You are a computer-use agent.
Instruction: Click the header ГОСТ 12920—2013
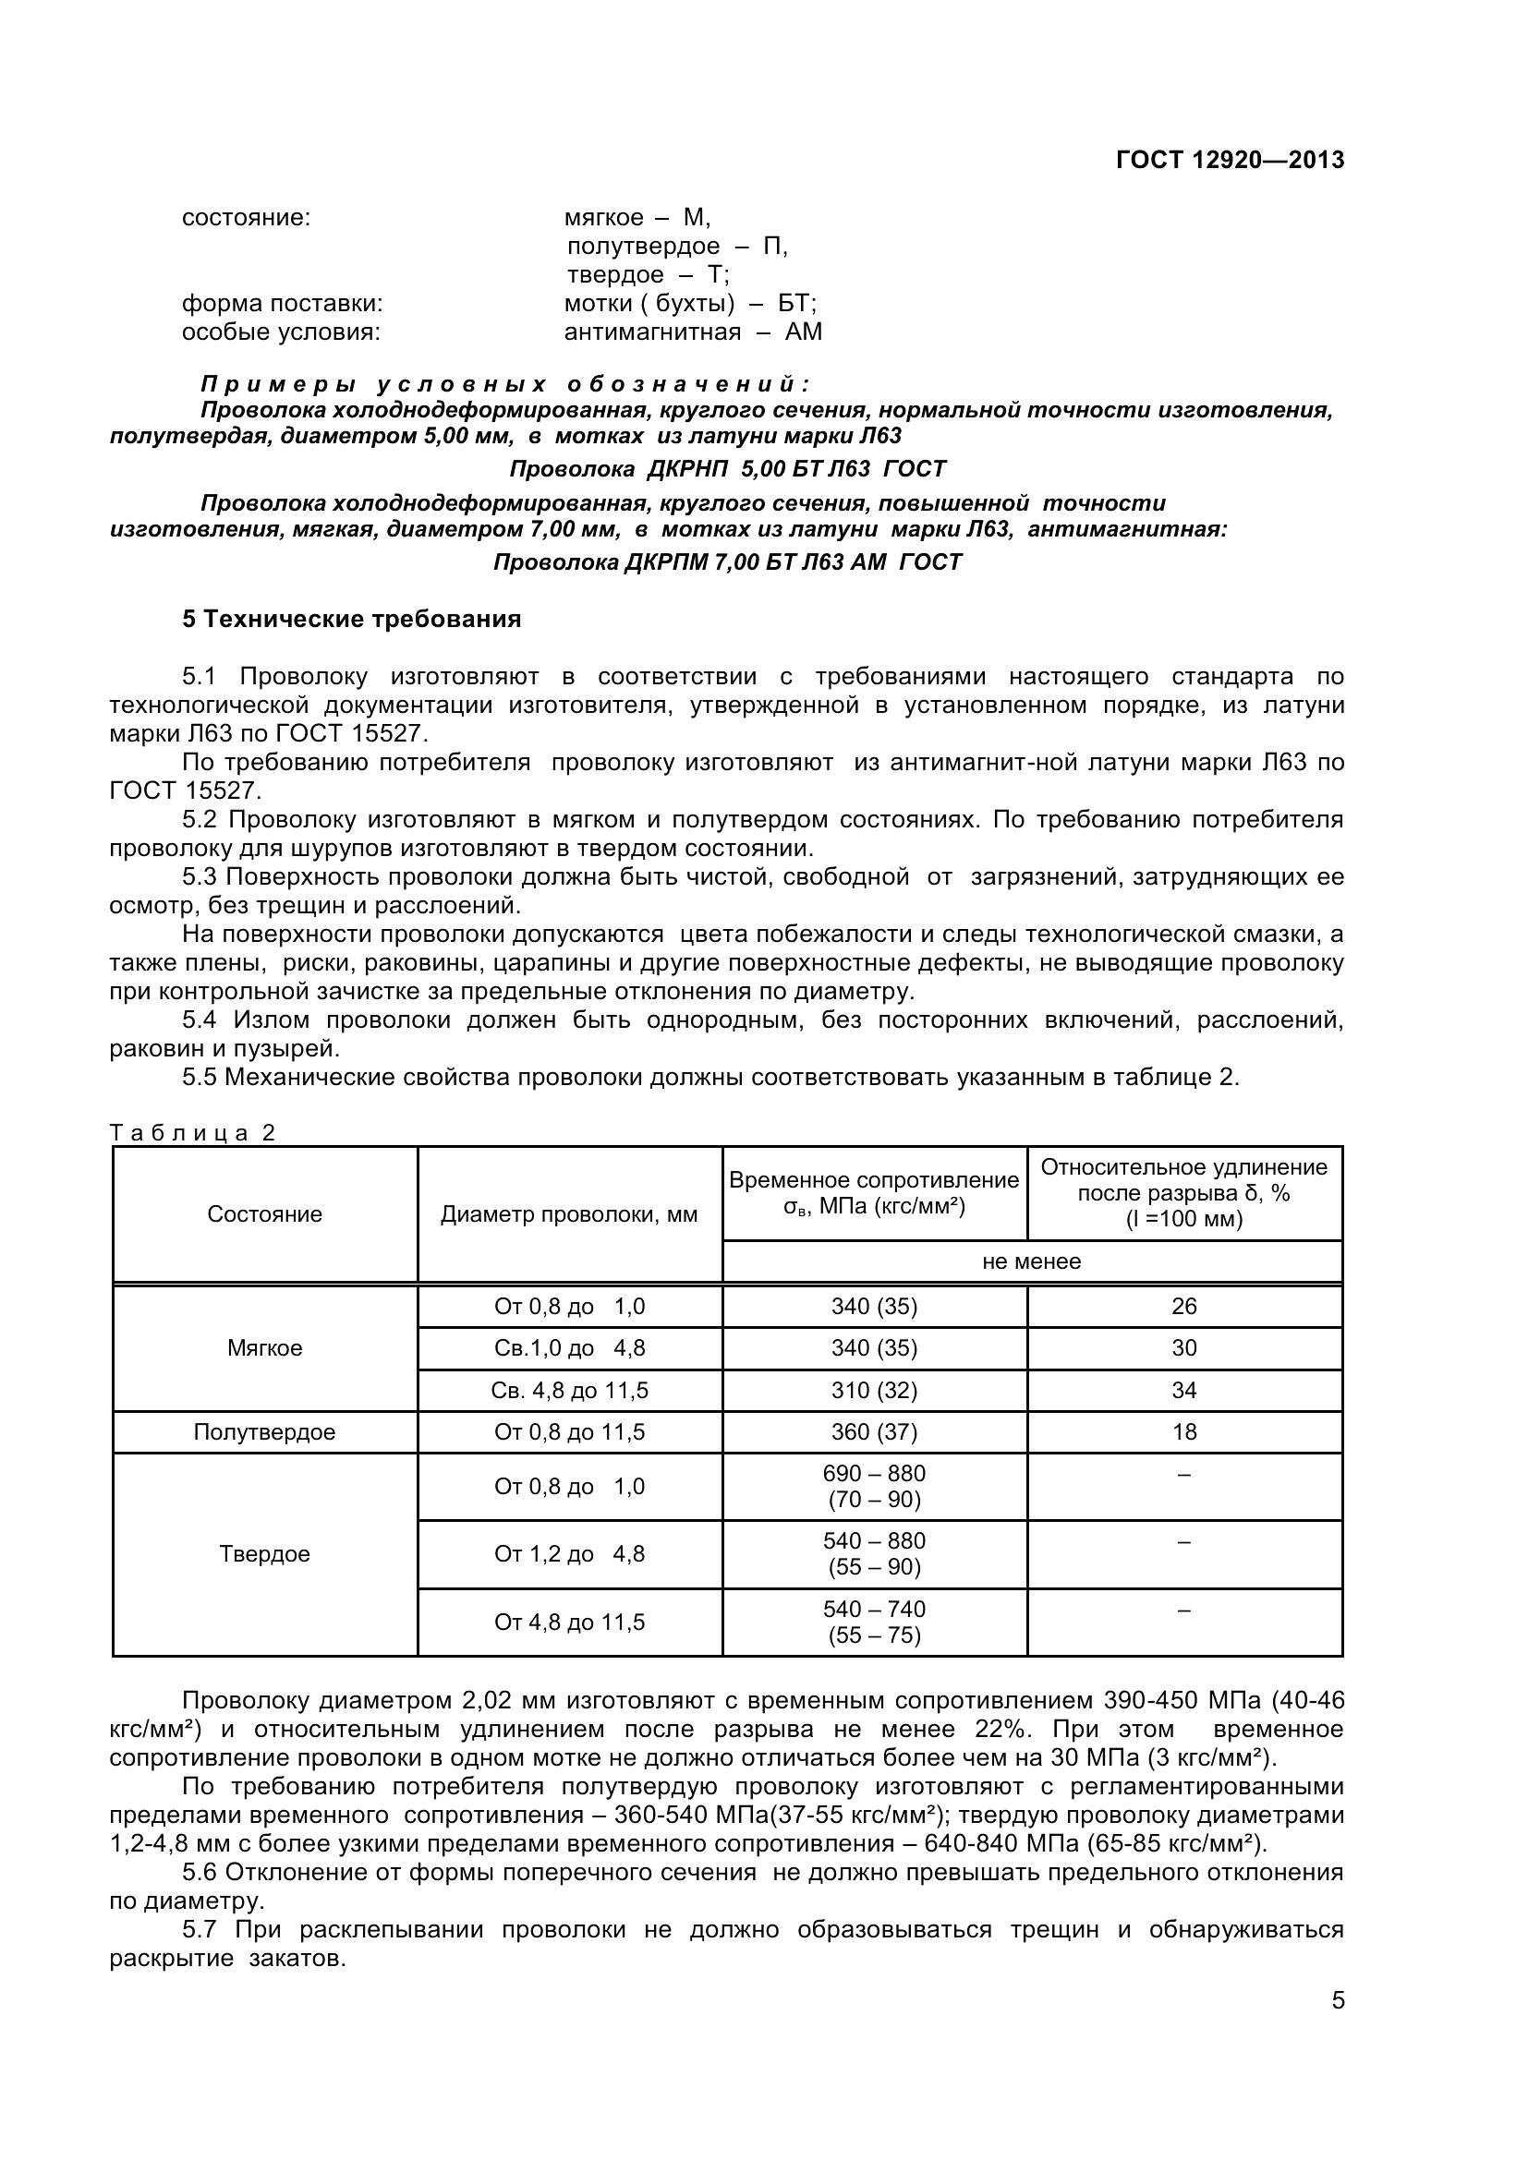click(x=1230, y=160)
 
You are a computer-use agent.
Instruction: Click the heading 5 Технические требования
click(x=351, y=619)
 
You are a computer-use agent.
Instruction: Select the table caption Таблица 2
click(x=192, y=1133)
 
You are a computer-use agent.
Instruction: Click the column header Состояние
click(x=264, y=1214)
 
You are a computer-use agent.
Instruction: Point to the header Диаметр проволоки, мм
click(x=569, y=1214)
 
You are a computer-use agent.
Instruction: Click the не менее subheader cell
click(x=1031, y=1261)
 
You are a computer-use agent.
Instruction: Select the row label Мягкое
click(x=264, y=1348)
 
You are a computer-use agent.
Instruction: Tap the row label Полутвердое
click(x=264, y=1432)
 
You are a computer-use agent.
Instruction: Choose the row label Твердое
click(x=264, y=1554)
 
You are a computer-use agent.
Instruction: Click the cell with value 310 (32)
click(x=874, y=1391)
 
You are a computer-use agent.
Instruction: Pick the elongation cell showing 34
click(x=1183, y=1391)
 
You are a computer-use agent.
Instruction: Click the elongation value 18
click(x=1183, y=1432)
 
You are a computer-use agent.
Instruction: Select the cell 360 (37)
click(x=874, y=1432)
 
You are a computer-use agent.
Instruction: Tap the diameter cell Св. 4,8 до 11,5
click(x=569, y=1391)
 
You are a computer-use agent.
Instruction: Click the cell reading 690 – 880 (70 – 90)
click(x=874, y=1487)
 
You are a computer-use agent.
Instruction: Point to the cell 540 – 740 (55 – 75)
click(x=874, y=1622)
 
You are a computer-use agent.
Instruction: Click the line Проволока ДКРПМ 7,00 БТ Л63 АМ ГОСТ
click(x=727, y=562)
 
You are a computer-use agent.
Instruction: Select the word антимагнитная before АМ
click(x=652, y=332)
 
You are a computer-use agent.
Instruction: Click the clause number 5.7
click(x=200, y=1930)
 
